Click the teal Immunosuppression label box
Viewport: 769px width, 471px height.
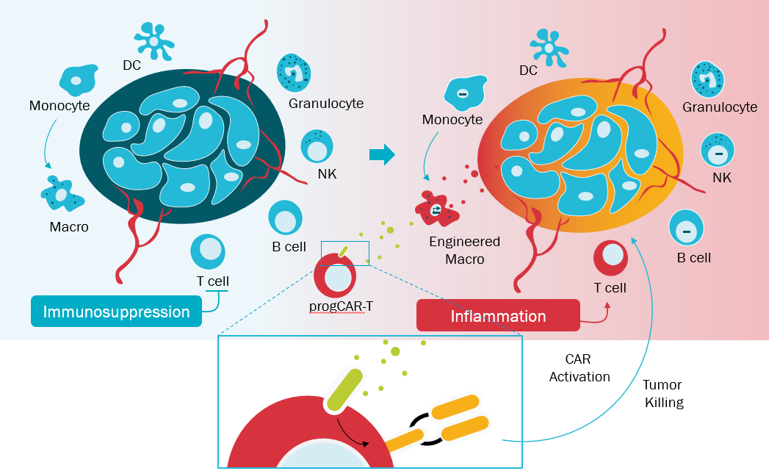[116, 312]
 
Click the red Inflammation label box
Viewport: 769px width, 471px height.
[497, 316]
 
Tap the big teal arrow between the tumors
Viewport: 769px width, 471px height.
[382, 154]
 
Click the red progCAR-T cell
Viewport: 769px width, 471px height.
[336, 276]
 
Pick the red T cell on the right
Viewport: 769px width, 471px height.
[610, 257]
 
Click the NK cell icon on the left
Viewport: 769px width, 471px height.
[318, 145]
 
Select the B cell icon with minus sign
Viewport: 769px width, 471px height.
[686, 230]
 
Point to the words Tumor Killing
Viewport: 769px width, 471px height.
[663, 393]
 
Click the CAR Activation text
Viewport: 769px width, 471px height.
[580, 368]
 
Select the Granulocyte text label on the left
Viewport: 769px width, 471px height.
[325, 104]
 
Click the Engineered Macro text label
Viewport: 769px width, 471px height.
[464, 250]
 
